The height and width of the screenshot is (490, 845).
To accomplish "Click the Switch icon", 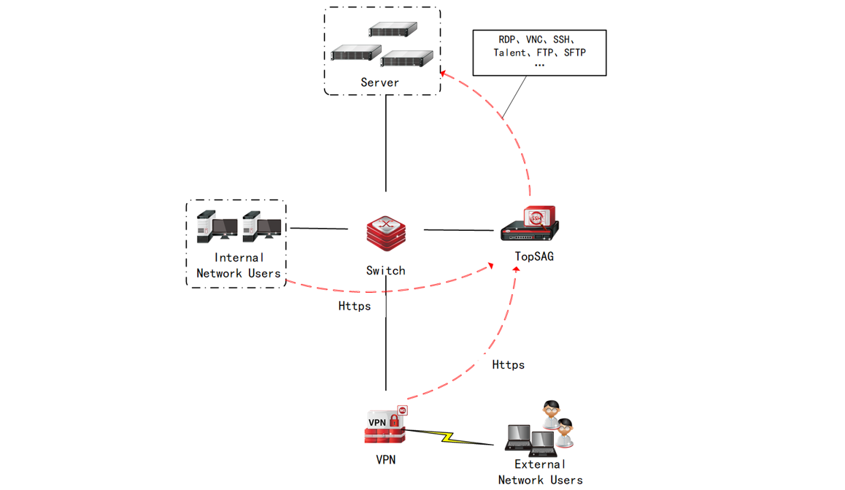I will (x=386, y=233).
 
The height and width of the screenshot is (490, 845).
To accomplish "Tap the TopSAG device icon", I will (x=530, y=224).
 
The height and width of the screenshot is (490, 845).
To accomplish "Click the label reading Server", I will (x=380, y=83).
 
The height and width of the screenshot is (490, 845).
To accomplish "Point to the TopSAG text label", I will (x=533, y=256).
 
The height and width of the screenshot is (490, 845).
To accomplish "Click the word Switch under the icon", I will (x=385, y=270).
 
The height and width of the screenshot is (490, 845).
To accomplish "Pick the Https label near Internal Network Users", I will (x=355, y=306).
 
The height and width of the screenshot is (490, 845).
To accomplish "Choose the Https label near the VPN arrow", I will (x=508, y=364).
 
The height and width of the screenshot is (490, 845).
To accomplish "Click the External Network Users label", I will (x=540, y=472).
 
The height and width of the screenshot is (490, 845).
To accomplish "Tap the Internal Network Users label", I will (x=239, y=265).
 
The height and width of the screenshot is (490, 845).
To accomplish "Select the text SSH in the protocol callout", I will (x=563, y=39).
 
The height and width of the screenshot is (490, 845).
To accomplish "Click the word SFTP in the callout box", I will (x=575, y=53).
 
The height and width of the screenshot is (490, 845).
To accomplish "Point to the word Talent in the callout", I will (x=509, y=53).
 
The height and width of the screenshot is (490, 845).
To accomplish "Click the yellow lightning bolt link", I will (x=447, y=437).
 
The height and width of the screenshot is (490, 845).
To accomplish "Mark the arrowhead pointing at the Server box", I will (x=444, y=73).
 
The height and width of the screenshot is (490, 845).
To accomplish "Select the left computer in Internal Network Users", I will (x=217, y=226).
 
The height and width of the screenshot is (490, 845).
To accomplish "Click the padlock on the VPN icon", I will (x=394, y=421).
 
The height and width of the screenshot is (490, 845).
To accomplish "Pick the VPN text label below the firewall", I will (x=385, y=460).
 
